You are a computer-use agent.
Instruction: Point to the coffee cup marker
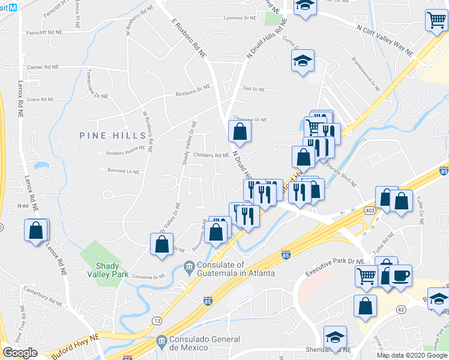401,276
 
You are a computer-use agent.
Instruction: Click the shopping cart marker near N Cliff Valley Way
436,20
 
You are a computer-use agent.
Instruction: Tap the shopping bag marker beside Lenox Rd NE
36,230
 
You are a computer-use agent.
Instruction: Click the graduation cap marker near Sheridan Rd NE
335,337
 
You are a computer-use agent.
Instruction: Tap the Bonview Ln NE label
122,171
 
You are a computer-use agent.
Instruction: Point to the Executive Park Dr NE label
334,266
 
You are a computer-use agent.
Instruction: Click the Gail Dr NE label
253,89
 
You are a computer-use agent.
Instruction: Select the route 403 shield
369,211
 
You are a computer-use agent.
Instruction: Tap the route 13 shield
157,322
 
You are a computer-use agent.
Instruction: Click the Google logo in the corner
20,353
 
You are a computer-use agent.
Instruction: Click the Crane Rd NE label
41,100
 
